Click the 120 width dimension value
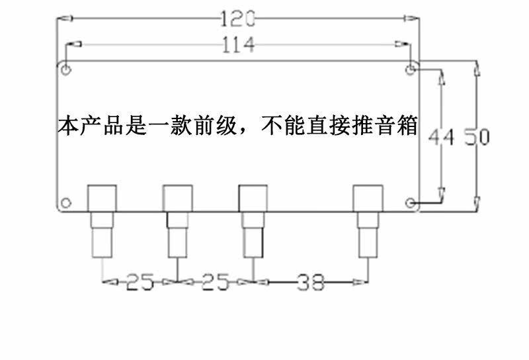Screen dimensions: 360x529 point(237,19)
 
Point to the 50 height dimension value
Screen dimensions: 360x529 point(476,138)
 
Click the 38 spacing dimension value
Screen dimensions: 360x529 point(311,283)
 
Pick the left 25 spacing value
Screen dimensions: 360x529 point(140,283)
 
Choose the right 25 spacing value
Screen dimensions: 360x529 point(216,283)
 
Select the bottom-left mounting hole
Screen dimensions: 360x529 point(66,202)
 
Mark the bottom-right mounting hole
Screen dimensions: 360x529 point(411,202)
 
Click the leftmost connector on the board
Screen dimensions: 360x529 point(102,221)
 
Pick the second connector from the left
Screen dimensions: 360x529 point(178,221)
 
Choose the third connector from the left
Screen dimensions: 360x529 point(253,221)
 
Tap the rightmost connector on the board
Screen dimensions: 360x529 point(368,221)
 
